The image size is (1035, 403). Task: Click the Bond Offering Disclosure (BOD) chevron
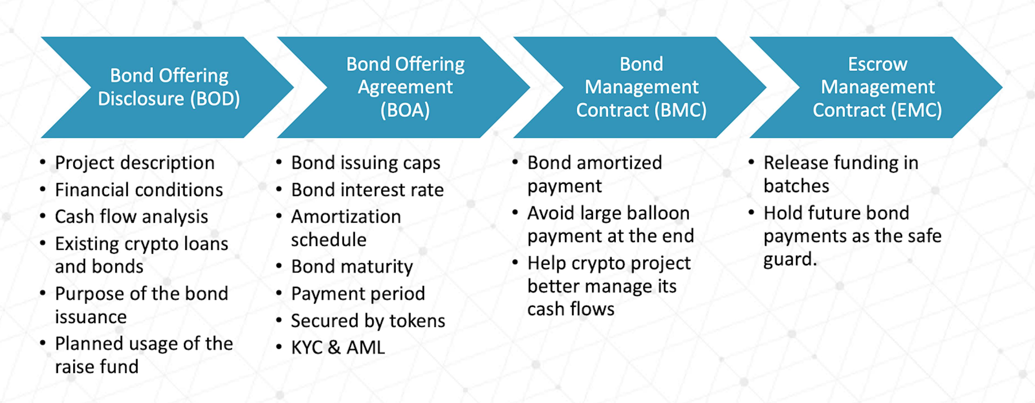169,87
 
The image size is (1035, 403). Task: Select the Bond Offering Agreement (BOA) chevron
405,87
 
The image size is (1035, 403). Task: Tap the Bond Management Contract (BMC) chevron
641,87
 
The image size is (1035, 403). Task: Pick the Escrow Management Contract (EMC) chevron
878,87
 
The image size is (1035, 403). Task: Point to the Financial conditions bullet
139,190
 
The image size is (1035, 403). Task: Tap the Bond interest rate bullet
367,190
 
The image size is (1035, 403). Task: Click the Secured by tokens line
368,321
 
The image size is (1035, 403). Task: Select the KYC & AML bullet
338,347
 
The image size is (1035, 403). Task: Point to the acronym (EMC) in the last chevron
916,110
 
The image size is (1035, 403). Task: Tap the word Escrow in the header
878,64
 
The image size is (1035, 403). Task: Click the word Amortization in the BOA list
346,217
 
